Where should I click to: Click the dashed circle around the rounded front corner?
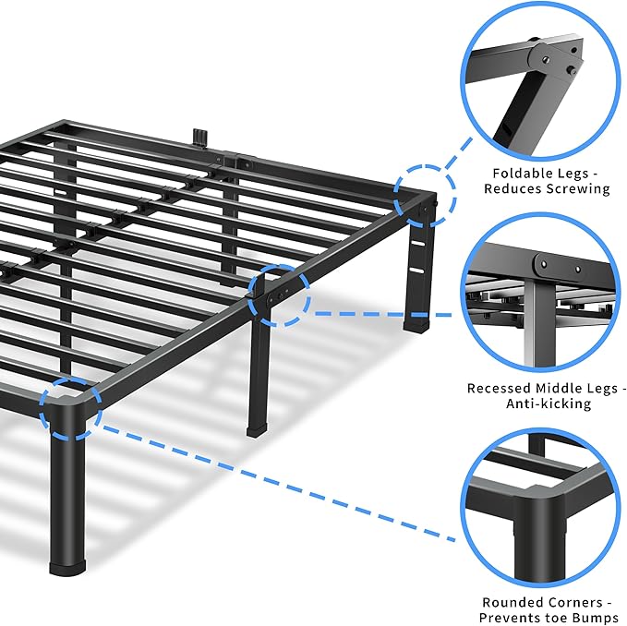[x=70, y=406]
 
